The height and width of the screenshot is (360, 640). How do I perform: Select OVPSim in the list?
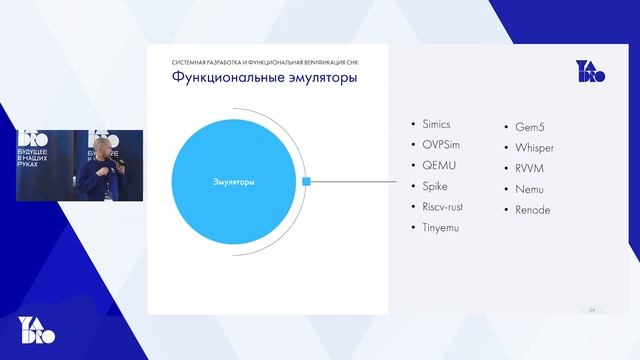coord(442,144)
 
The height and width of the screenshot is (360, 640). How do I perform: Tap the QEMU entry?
coord(439,165)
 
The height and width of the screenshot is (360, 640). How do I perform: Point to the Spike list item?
coord(437,186)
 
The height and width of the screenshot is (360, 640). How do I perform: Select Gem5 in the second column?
coord(532,127)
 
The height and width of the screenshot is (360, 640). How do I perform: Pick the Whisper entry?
coord(535,148)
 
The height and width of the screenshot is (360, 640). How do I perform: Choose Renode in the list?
coord(533,210)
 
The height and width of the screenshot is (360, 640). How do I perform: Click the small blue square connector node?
coord(308,181)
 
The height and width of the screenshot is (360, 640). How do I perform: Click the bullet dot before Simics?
coord(414,124)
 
